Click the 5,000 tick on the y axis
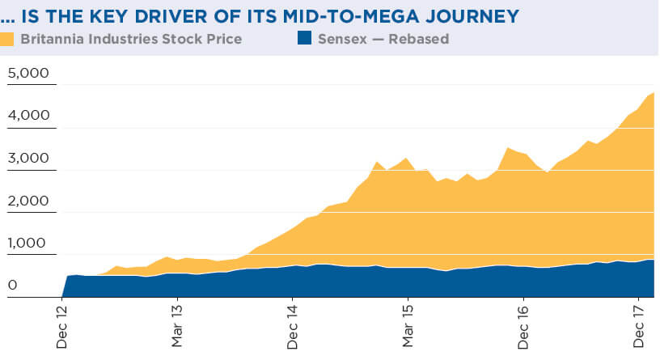click(x=28, y=74)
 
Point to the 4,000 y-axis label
click(x=28, y=116)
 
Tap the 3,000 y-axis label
click(x=28, y=158)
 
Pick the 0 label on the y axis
click(x=12, y=285)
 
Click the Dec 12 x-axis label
click(x=63, y=328)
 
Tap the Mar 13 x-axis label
click(x=178, y=327)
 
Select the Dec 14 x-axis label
click(x=292, y=328)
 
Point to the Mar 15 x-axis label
click(x=408, y=327)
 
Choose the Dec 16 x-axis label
click(x=522, y=328)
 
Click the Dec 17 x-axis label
click(x=637, y=328)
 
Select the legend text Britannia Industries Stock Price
click(x=131, y=38)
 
